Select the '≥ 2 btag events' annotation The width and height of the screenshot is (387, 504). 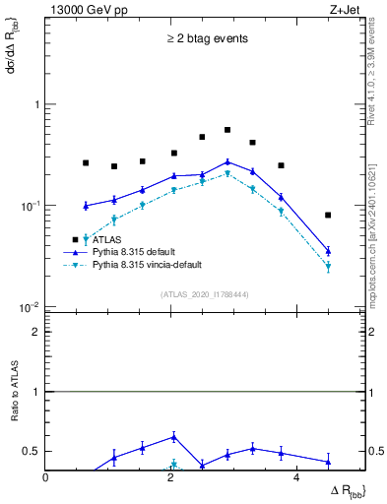click(x=206, y=39)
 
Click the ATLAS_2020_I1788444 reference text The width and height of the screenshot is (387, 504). click(x=206, y=293)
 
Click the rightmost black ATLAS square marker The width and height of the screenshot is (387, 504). click(x=328, y=215)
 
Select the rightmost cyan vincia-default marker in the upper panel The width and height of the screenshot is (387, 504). click(x=328, y=267)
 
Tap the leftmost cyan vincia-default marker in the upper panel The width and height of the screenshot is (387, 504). click(x=86, y=238)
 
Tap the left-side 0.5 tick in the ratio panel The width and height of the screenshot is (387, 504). click(x=34, y=451)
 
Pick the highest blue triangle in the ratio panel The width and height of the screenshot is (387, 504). click(x=173, y=436)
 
